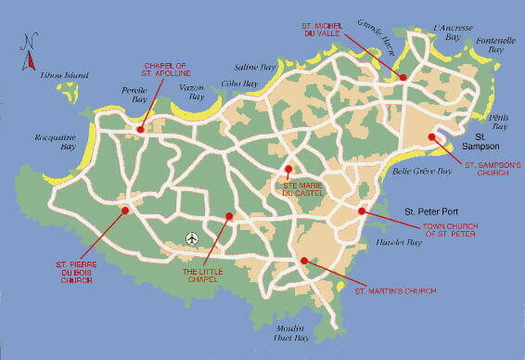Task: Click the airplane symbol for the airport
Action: click(192, 238)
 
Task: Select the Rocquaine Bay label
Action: click(55, 142)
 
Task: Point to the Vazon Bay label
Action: click(190, 91)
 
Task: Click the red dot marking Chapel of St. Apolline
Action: click(139, 129)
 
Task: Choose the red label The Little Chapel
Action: click(201, 276)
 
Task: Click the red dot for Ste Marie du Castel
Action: click(288, 169)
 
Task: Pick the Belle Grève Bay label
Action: click(422, 172)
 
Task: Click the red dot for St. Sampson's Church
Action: click(431, 137)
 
